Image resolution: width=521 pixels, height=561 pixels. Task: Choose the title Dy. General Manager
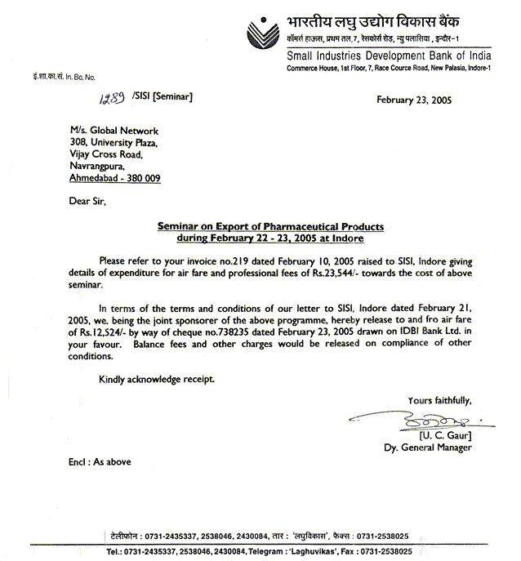click(427, 447)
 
